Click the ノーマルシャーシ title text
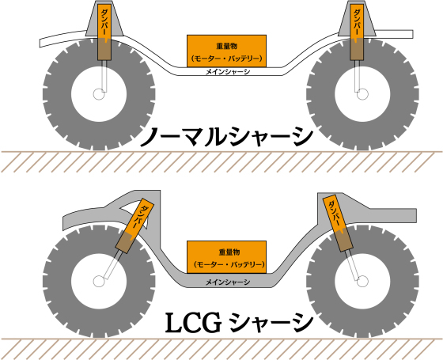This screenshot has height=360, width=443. click(226, 137)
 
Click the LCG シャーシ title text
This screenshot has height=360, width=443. click(239, 323)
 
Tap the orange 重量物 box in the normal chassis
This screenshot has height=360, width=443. click(226, 51)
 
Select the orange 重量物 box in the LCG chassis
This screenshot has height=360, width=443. click(226, 257)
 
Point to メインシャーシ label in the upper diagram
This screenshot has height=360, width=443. click(228, 72)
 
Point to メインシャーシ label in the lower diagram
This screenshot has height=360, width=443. click(228, 282)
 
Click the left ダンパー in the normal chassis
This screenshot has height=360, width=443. click(104, 32)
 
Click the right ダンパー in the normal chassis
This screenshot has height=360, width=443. click(357, 32)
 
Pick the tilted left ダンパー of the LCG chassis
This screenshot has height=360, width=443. click(134, 225)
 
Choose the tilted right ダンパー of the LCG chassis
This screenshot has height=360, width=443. click(338, 223)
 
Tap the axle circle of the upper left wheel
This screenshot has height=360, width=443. click(99, 94)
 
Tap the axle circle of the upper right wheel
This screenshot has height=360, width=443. click(362, 94)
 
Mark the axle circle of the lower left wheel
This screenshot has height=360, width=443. click(99, 281)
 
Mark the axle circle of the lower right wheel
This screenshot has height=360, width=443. click(362, 281)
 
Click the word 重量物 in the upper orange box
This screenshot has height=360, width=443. click(226, 46)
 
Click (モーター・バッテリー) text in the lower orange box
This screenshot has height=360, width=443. click(229, 265)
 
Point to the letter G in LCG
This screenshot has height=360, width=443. click(210, 323)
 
